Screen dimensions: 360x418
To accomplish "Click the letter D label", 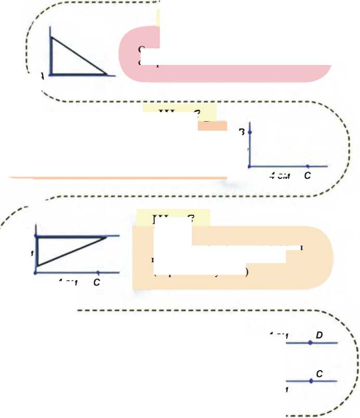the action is [x=319, y=335].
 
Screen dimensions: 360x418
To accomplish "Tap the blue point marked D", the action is [x=310, y=343].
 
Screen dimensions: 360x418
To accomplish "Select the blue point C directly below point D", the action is [x=311, y=381].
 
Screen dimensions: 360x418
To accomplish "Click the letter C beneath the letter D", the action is [x=319, y=374].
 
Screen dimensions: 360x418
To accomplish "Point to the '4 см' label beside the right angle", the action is [x=279, y=176].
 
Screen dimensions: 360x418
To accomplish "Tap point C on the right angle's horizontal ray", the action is [x=308, y=166].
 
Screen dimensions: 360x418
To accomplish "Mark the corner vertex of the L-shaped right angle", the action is [x=250, y=166].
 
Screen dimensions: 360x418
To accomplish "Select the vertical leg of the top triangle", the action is [x=51, y=56].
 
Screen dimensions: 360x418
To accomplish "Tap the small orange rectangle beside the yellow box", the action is [x=212, y=126].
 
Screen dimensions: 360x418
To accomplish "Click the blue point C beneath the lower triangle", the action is [x=98, y=272].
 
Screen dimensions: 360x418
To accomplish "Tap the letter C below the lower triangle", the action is [x=96, y=283].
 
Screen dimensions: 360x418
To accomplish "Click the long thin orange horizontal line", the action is [x=114, y=178].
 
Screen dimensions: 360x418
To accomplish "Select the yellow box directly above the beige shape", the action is [x=172, y=217].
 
